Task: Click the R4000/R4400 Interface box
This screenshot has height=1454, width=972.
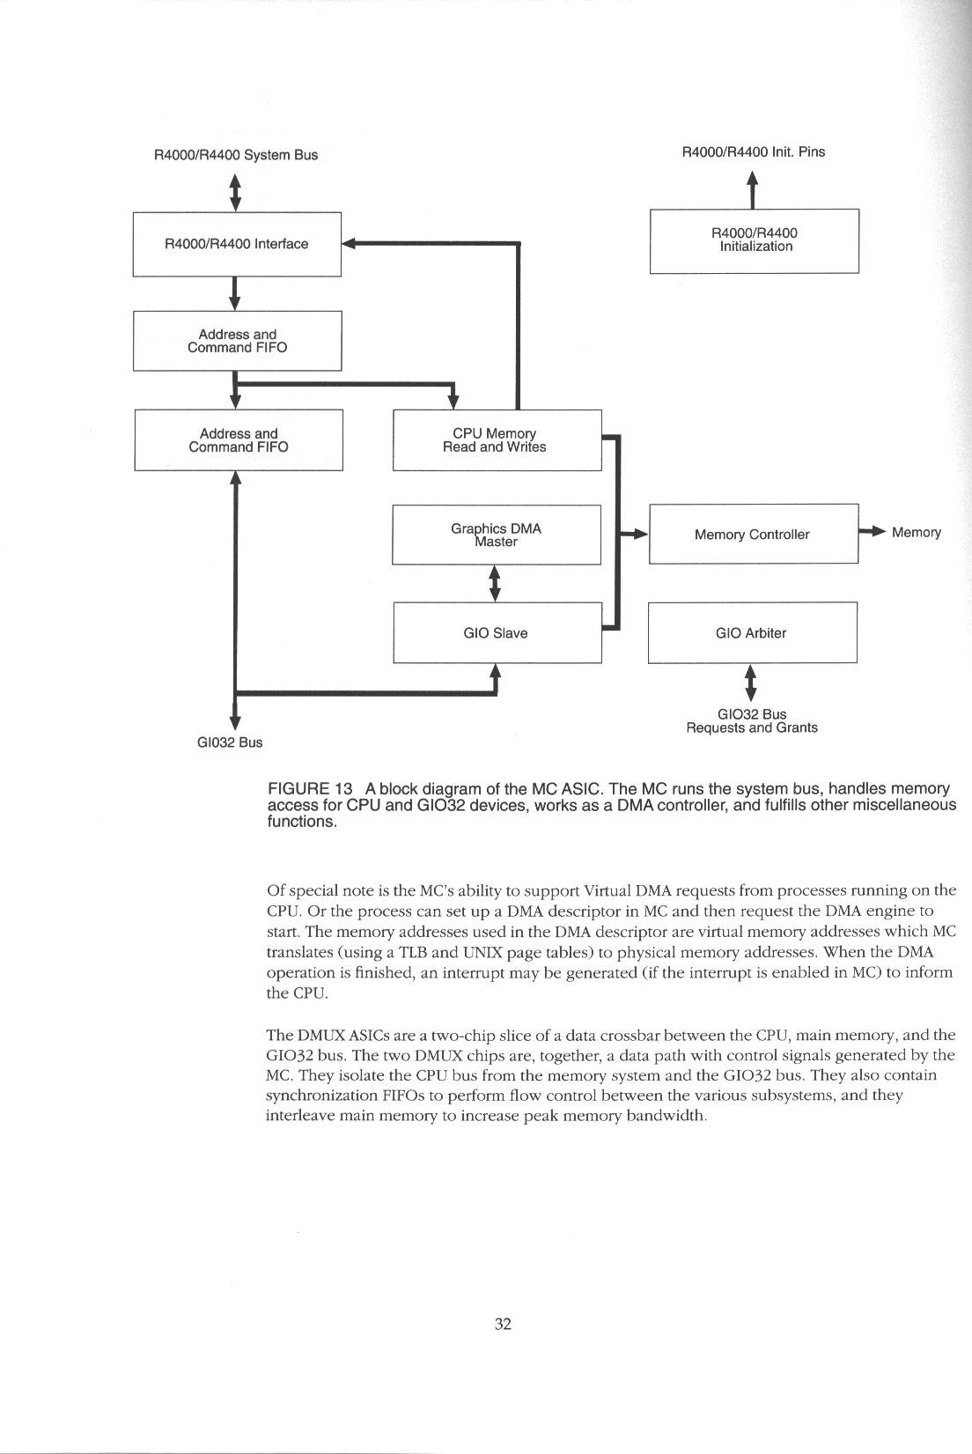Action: tap(236, 244)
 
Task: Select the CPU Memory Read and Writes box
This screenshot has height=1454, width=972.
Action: tap(497, 440)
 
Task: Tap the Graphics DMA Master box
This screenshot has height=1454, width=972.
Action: tap(496, 535)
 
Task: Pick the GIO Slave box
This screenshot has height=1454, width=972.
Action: tap(497, 633)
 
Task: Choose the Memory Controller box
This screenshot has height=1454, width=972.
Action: tap(753, 535)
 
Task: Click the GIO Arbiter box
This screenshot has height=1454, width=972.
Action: tap(752, 633)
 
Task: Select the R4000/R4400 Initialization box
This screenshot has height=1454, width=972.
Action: tap(754, 240)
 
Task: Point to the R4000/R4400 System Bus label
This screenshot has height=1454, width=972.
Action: tap(235, 155)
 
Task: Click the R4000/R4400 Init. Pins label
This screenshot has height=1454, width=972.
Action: tap(754, 151)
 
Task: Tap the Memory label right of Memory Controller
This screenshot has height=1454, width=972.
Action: tap(917, 533)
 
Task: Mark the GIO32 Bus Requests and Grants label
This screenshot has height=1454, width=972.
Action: tap(752, 721)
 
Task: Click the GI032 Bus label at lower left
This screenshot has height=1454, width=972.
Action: tap(229, 742)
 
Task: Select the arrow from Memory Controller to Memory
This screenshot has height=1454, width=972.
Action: tap(873, 532)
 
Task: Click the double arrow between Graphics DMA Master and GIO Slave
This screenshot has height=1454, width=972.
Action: tap(495, 583)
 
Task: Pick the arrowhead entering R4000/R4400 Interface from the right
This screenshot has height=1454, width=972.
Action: tap(349, 244)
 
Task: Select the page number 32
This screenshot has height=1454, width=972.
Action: tap(503, 1324)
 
